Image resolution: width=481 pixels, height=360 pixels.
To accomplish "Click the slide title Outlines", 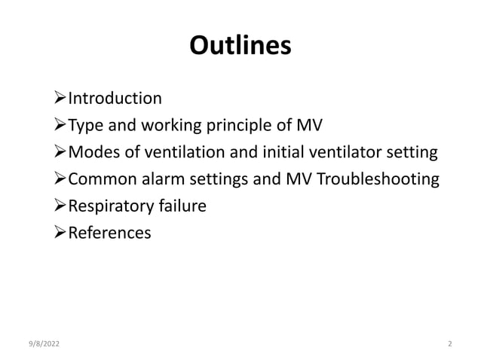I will pyautogui.click(x=240, y=46).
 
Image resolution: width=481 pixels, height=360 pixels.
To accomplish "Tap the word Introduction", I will pyautogui.click(x=115, y=99).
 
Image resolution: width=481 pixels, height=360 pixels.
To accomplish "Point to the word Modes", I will pyautogui.click(x=93, y=153).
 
